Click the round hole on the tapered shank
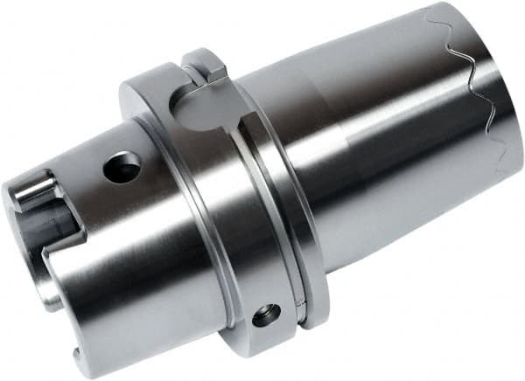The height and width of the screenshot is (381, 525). tap(122, 167)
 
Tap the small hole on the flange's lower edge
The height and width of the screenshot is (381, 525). tap(266, 315)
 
